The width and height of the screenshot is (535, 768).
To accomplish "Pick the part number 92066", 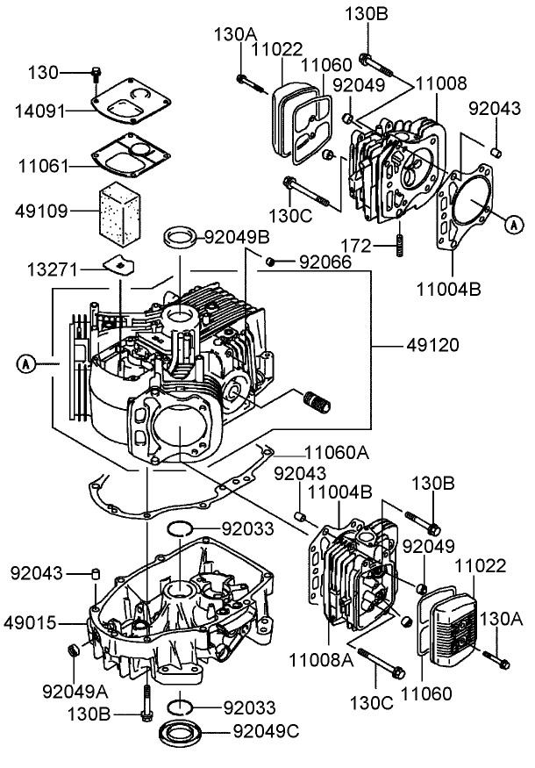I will (x=325, y=262).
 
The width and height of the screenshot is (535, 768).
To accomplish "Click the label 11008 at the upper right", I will (x=442, y=85).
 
